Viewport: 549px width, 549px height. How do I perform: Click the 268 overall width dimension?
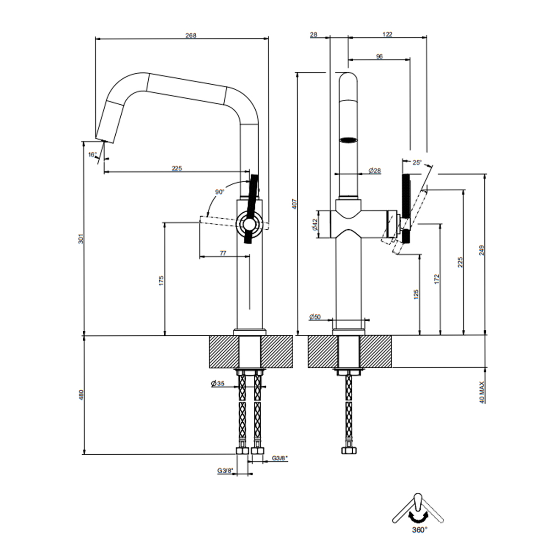(x=191, y=35)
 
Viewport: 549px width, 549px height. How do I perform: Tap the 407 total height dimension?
(x=295, y=204)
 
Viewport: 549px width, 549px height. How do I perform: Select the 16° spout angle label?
(x=92, y=155)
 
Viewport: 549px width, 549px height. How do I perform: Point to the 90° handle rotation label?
(x=220, y=192)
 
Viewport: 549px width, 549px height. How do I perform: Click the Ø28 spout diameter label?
(x=375, y=170)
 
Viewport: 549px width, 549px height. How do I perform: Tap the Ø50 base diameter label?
(x=315, y=317)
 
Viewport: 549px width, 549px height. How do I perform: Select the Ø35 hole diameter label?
(x=218, y=383)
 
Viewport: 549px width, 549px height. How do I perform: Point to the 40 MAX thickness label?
(x=482, y=392)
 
